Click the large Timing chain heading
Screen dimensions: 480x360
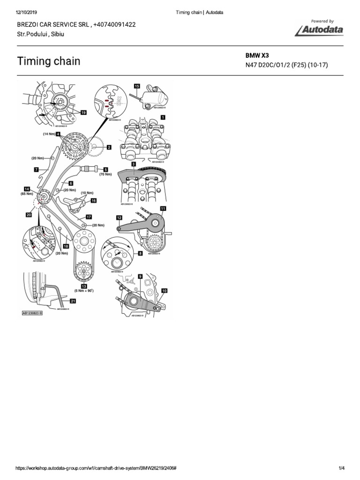click(49, 61)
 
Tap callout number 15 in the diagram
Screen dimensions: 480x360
click(137, 86)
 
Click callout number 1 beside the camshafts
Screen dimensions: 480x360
click(163, 117)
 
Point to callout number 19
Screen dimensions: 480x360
click(83, 112)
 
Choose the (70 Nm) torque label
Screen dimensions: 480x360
click(105, 174)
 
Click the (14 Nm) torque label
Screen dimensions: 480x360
click(49, 134)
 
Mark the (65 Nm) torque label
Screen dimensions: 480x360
click(26, 193)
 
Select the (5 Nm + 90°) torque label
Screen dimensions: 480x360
click(84, 291)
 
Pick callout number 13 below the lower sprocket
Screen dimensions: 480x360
click(84, 286)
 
